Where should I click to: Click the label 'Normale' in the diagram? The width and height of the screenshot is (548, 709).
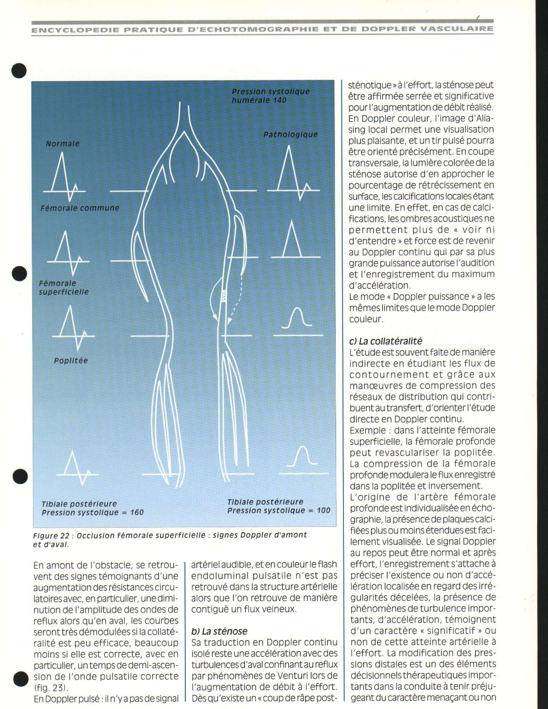point(63,144)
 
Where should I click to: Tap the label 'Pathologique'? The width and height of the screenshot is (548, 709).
point(291,134)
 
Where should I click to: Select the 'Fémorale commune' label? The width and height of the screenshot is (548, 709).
point(80,208)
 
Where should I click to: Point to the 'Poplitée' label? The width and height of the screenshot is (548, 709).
point(71,361)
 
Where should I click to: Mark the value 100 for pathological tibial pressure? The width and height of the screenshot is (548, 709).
point(323,510)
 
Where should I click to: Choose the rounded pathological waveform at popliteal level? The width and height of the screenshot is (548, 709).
point(297,320)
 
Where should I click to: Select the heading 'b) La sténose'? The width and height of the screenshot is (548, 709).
point(219,631)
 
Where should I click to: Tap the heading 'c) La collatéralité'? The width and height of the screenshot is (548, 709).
point(386,341)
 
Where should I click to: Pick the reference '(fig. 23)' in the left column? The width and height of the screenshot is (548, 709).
point(51,688)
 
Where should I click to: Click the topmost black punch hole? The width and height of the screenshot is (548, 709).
point(19,70)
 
